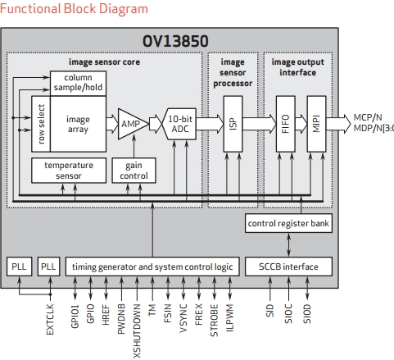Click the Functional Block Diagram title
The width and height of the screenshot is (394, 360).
tap(75, 9)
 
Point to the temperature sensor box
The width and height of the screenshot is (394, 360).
tap(68, 170)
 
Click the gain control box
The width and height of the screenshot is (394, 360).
tap(133, 170)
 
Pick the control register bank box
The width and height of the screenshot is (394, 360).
tap(289, 223)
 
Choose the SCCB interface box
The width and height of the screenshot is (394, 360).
tap(289, 267)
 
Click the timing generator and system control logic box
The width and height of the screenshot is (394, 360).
tap(153, 267)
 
